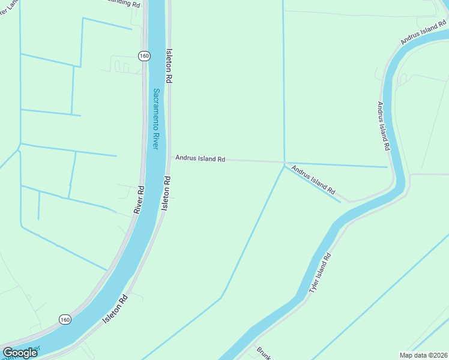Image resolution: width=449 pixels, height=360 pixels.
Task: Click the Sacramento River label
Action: pos(155,119)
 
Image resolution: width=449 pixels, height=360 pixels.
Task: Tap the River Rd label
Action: pos(139,199)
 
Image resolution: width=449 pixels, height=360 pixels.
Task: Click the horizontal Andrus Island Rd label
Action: pos(200,159)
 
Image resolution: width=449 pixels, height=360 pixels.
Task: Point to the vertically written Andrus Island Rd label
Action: pos(384,125)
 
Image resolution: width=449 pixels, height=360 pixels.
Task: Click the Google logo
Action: pos(20,353)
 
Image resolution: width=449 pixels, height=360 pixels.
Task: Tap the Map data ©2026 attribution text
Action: pos(423,355)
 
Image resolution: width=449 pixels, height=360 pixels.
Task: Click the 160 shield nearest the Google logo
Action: pos(64,320)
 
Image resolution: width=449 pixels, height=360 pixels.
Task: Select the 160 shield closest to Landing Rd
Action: pos(143,56)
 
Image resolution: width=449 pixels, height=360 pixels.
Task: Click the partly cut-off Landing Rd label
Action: pos(123,4)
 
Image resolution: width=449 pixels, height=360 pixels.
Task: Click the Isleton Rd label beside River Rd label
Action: pos(166,193)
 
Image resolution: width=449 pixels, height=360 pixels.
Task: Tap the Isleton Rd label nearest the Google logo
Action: pos(115,309)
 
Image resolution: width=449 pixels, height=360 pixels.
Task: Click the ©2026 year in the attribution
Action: pos(436,355)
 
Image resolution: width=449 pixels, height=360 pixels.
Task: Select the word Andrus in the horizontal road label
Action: pos(186,158)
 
